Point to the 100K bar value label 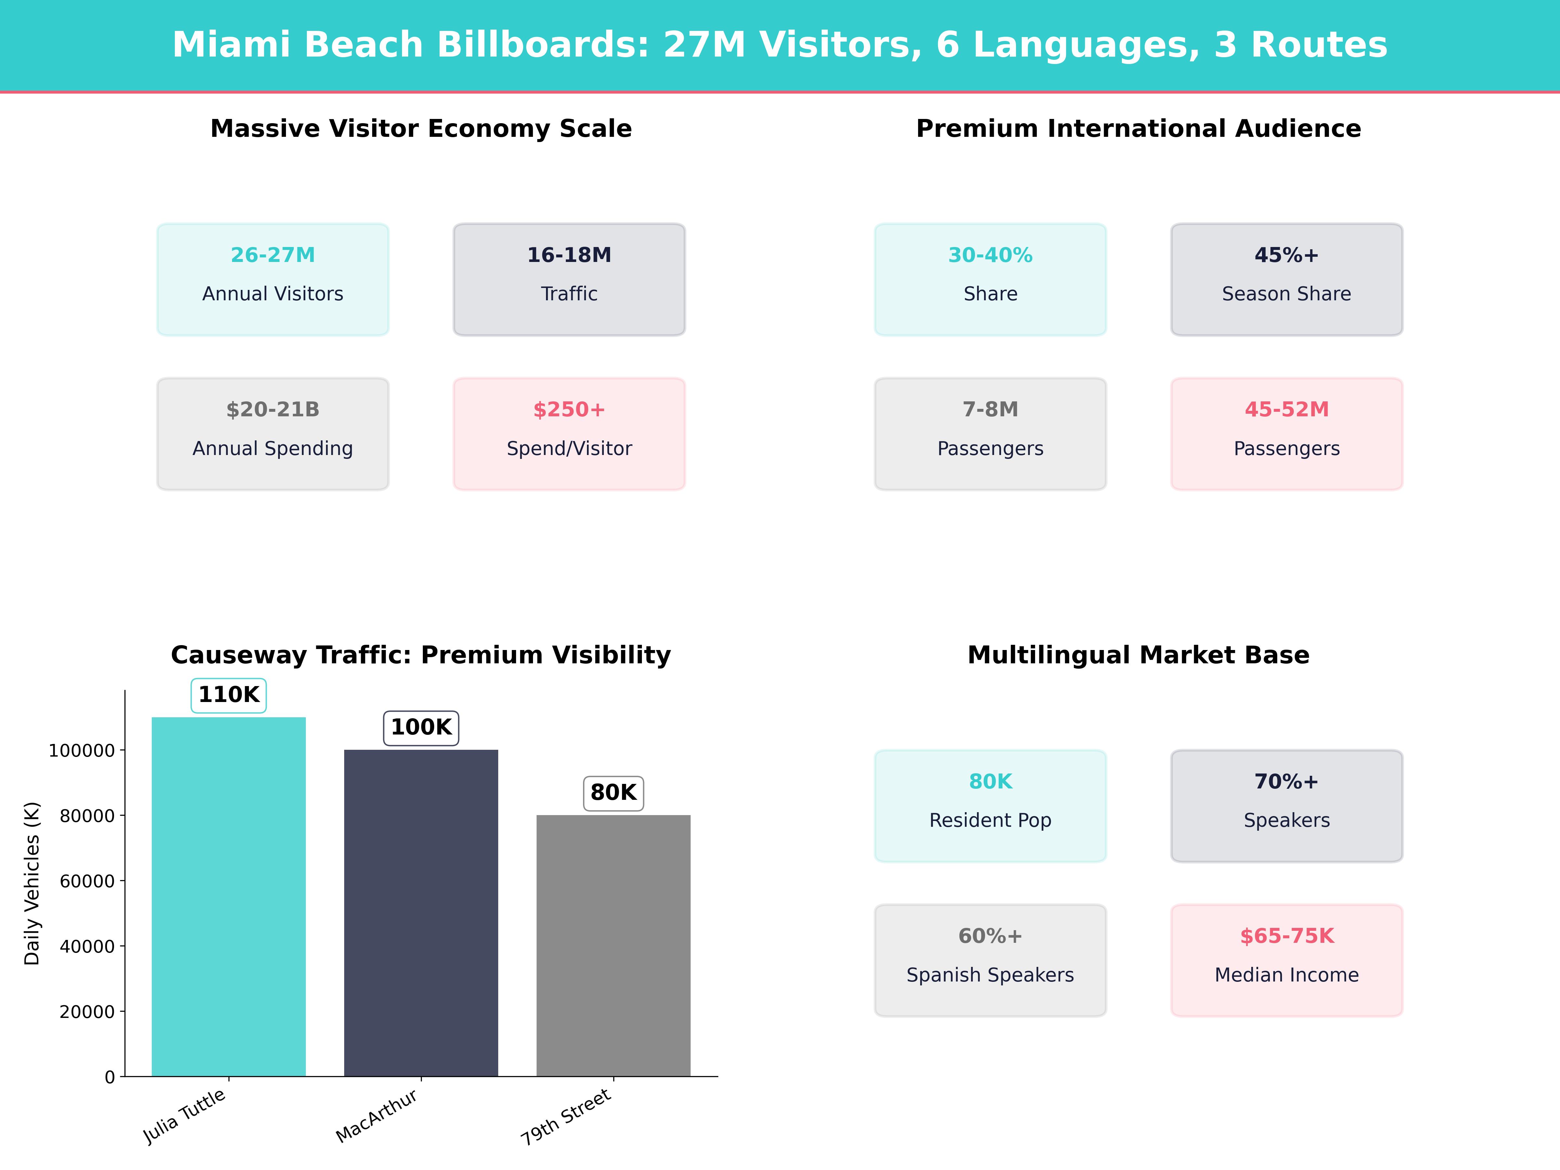421,727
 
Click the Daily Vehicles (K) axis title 32,883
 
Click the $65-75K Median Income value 1286,936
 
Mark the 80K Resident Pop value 990,781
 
